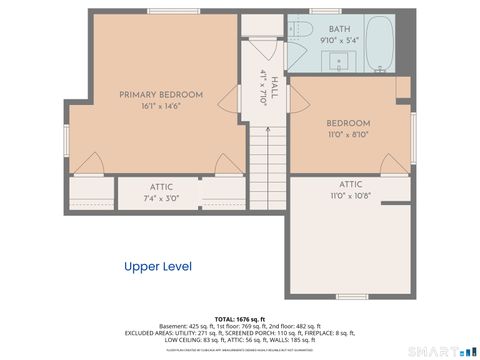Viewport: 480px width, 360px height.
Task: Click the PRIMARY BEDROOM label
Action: pyautogui.click(x=161, y=95)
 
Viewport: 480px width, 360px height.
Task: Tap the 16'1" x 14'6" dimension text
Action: pyautogui.click(x=161, y=106)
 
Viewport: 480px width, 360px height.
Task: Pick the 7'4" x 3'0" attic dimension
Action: pyautogui.click(x=161, y=198)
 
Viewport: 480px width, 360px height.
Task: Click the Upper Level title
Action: pyautogui.click(x=157, y=266)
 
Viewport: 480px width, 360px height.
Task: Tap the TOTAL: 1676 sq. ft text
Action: pyautogui.click(x=240, y=317)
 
